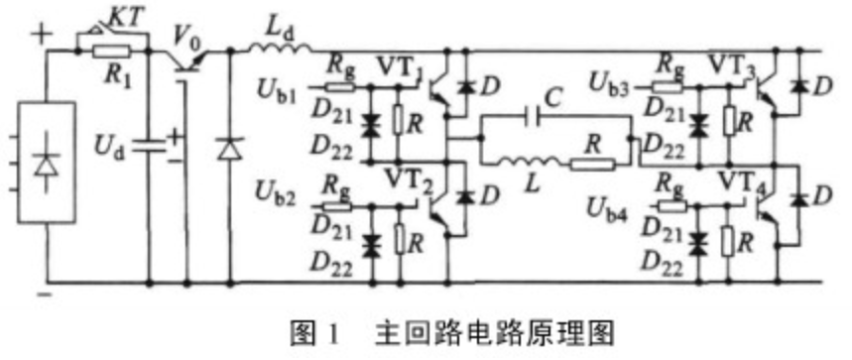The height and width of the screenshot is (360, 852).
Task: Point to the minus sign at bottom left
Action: (x=42, y=296)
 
